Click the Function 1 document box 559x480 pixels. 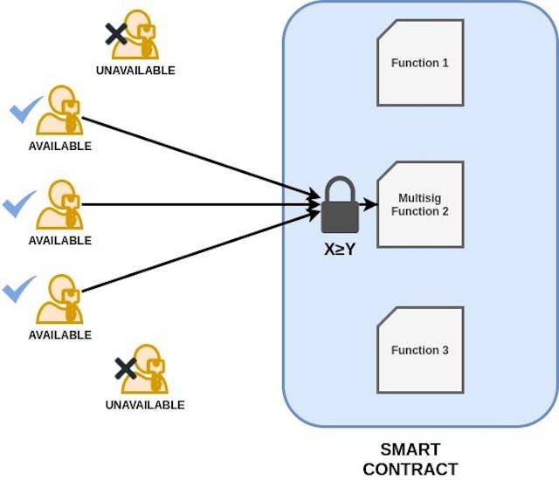(x=420, y=64)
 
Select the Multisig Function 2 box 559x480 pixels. (x=420, y=204)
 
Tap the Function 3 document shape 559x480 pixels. (x=420, y=350)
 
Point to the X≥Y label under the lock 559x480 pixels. (x=339, y=249)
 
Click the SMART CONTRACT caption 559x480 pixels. (x=410, y=459)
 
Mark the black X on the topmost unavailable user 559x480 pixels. (x=115, y=34)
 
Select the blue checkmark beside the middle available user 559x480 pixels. (x=19, y=206)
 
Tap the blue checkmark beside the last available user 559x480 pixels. (x=19, y=289)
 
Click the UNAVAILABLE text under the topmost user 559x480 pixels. (x=135, y=71)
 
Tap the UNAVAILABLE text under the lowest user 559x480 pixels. (x=145, y=405)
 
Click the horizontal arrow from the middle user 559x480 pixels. (x=201, y=205)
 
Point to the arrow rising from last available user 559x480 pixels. (x=201, y=254)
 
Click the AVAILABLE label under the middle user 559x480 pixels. (x=59, y=241)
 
